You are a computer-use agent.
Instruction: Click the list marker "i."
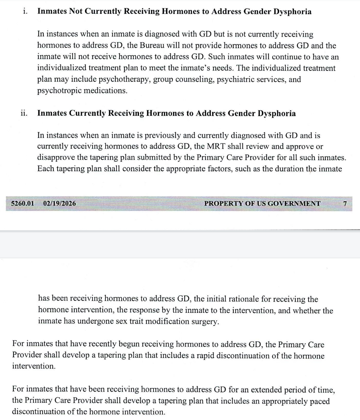25,12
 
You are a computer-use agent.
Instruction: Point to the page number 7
345,203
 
